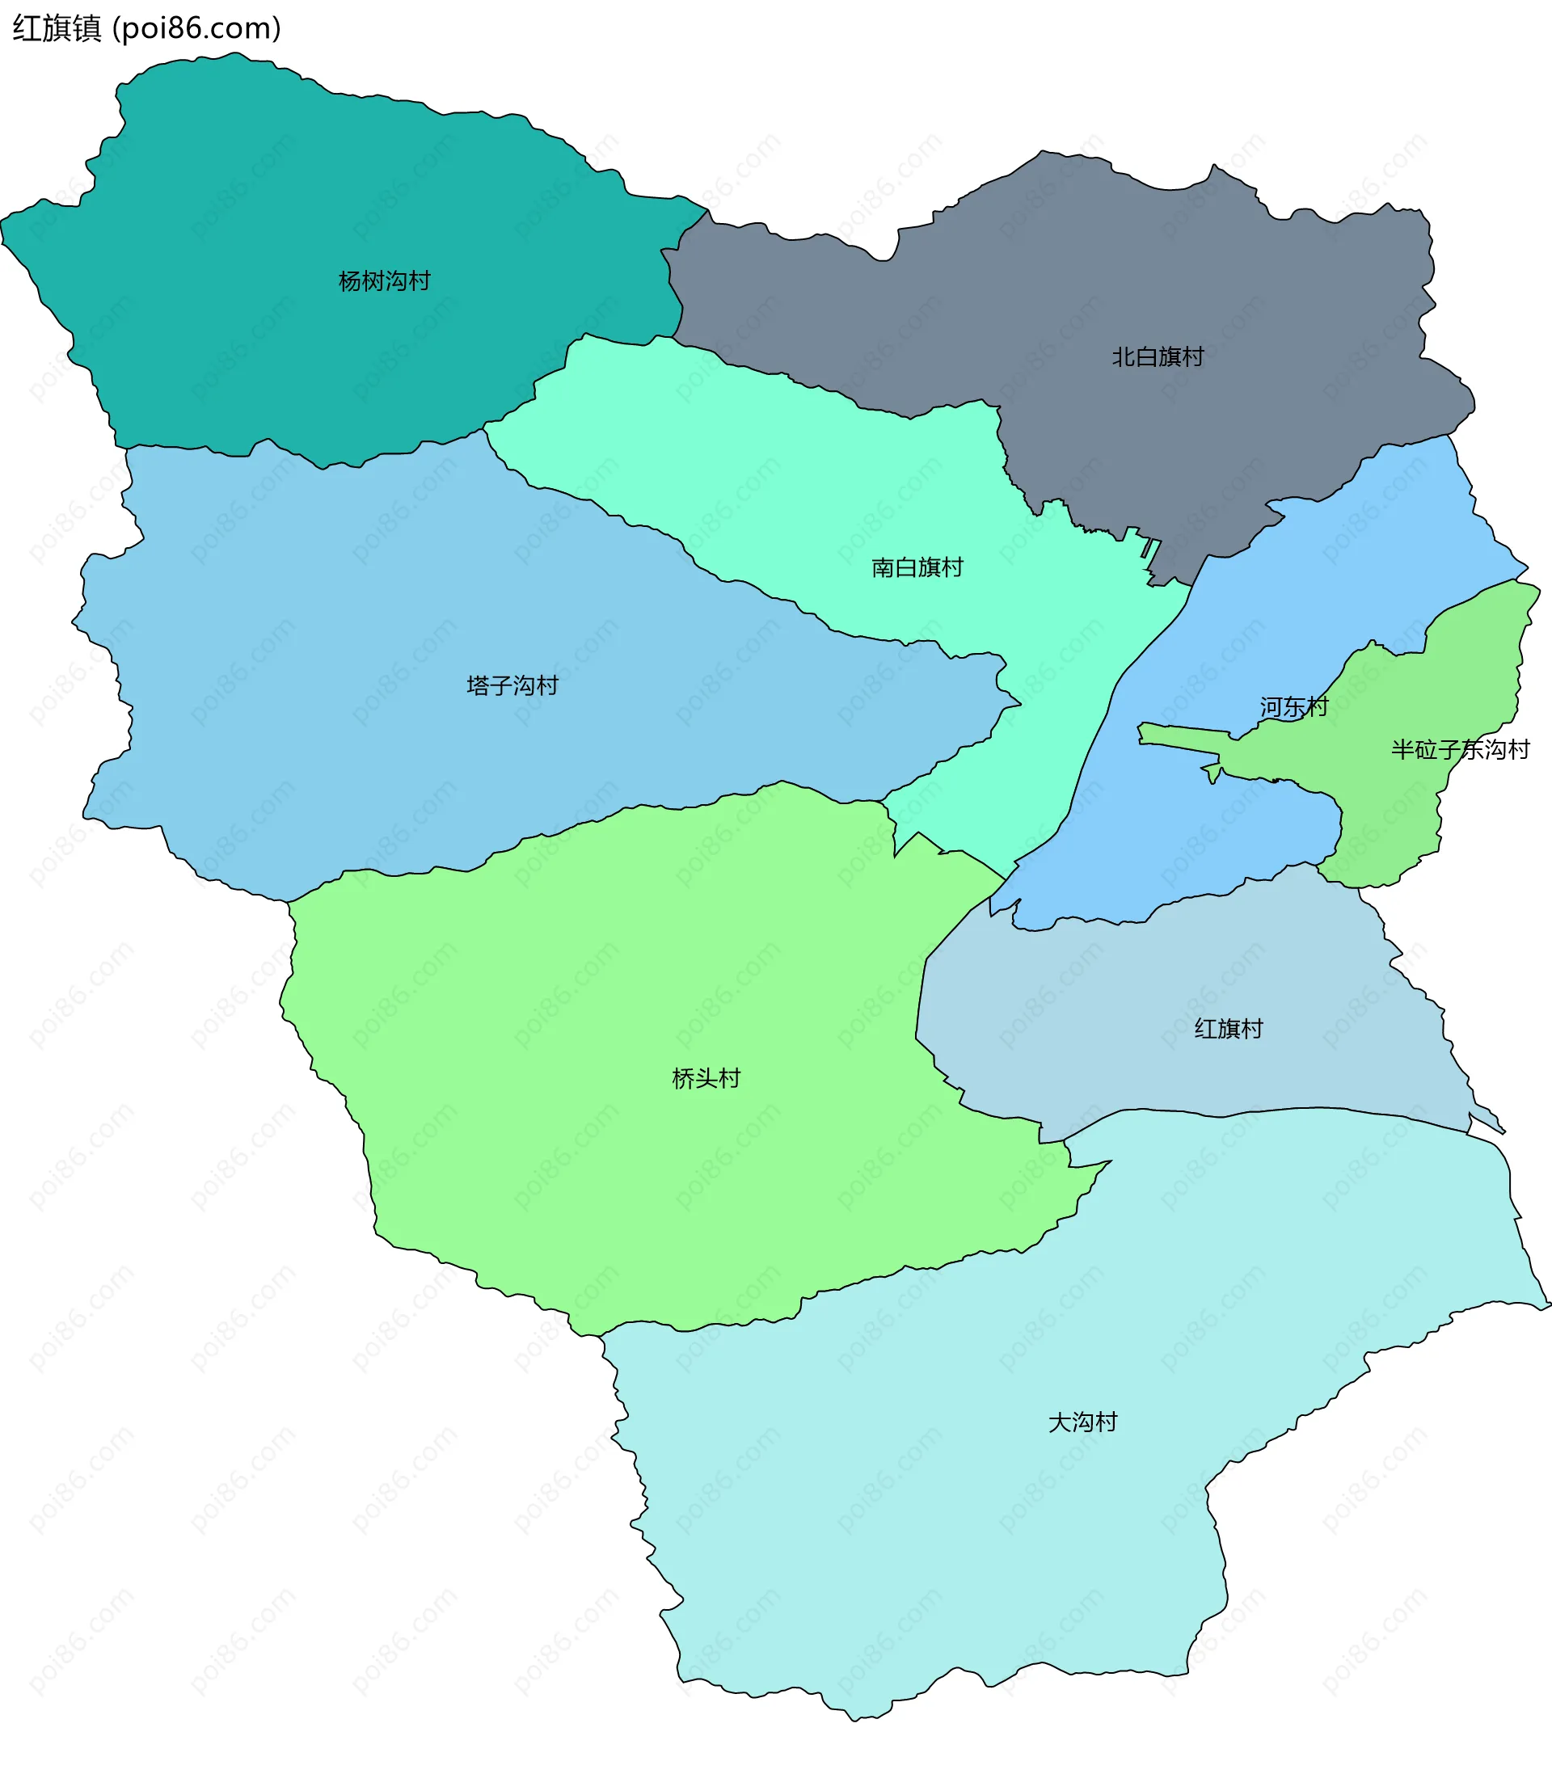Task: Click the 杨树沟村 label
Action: (384, 280)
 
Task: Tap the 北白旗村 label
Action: (1157, 356)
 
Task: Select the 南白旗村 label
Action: (917, 567)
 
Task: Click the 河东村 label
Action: (1293, 706)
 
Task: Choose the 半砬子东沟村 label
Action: (1460, 749)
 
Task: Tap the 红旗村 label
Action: (1228, 1029)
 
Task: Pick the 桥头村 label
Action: (706, 1078)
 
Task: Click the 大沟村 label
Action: (1082, 1422)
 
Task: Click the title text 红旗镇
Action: (57, 28)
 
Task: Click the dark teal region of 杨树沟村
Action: (259, 199)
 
